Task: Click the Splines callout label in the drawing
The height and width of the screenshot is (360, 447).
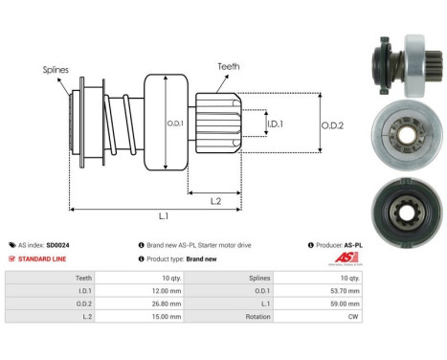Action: [x=55, y=70]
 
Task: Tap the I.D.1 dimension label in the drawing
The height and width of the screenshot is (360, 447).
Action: [x=274, y=124]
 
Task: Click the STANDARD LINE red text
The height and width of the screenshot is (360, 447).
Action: [x=48, y=259]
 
